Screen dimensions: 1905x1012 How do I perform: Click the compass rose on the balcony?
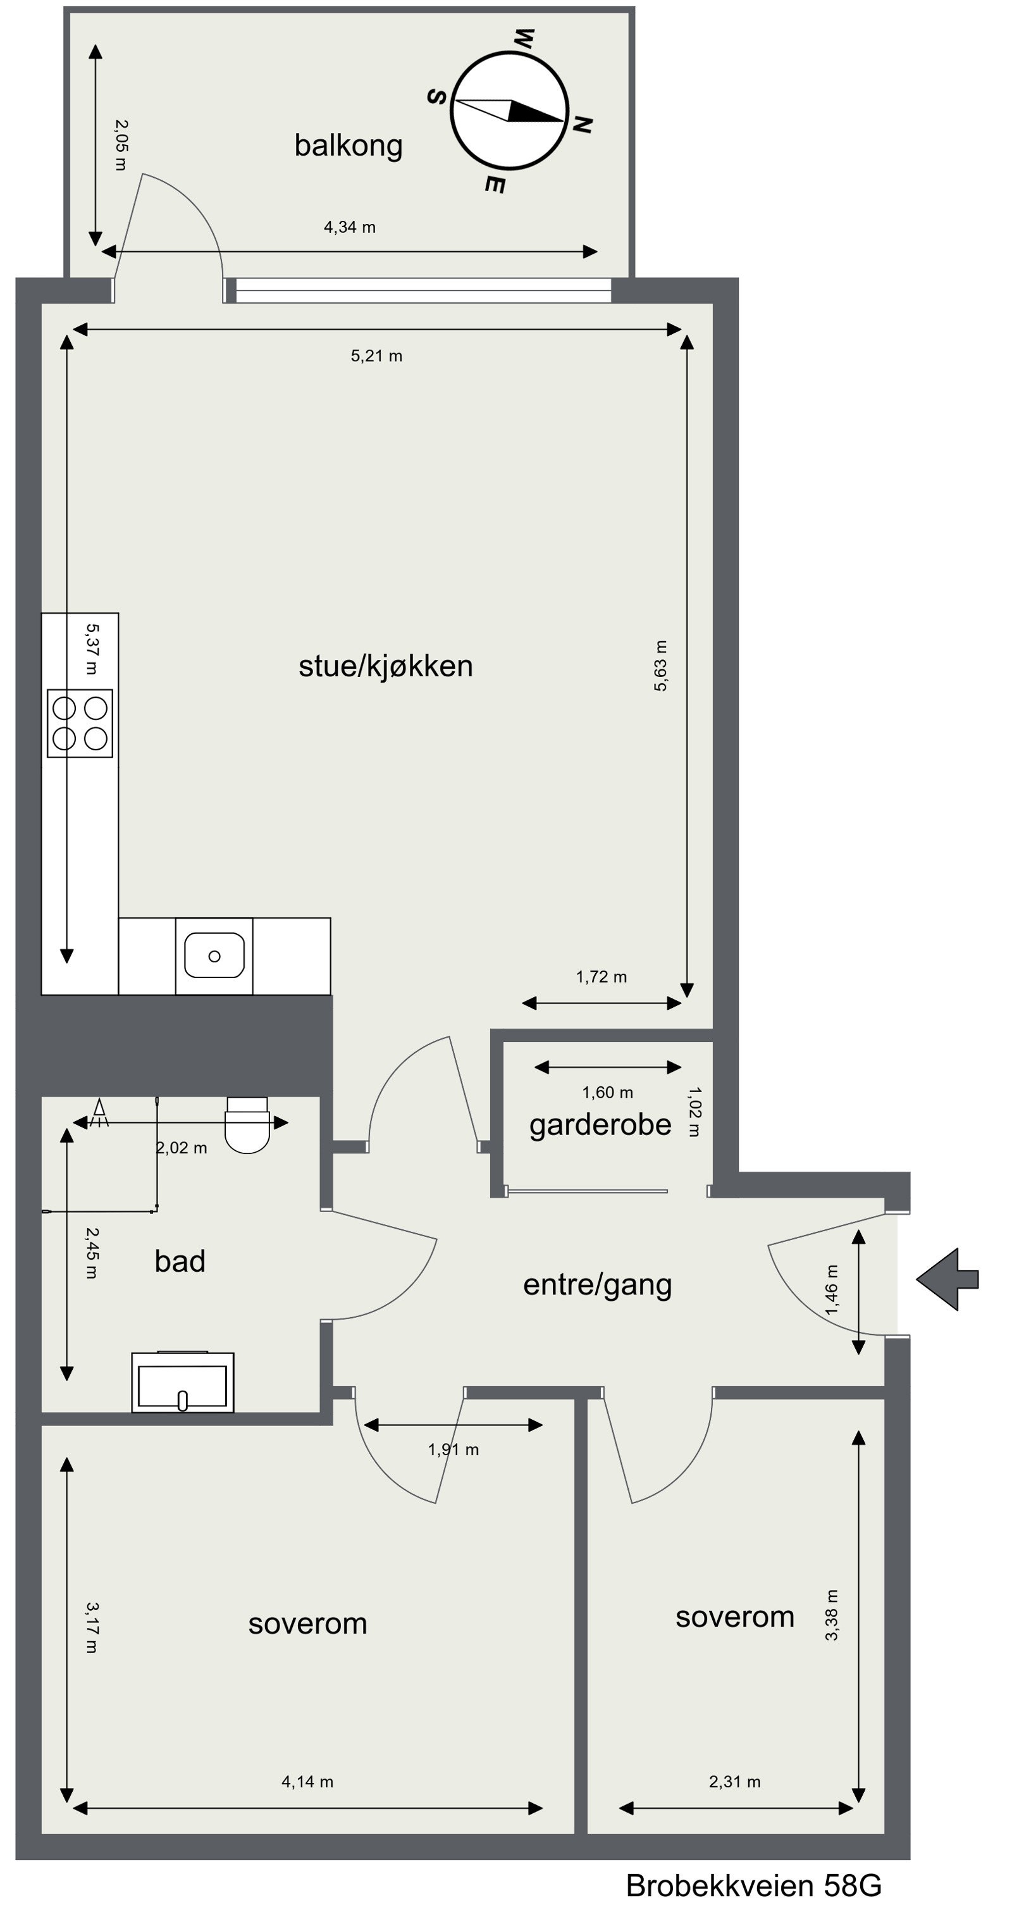pyautogui.click(x=509, y=110)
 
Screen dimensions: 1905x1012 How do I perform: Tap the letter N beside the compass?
pyautogui.click(x=582, y=125)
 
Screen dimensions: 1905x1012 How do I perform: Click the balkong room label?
pyautogui.click(x=348, y=145)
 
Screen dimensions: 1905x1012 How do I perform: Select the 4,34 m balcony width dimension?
pyautogui.click(x=349, y=228)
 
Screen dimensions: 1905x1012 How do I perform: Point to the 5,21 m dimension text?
pyautogui.click(x=376, y=356)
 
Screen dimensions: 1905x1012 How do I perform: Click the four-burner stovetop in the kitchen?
pyautogui.click(x=80, y=723)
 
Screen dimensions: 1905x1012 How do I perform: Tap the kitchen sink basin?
pyautogui.click(x=214, y=955)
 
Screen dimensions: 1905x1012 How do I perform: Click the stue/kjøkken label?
pyautogui.click(x=385, y=666)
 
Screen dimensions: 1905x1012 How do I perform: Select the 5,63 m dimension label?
pyautogui.click(x=660, y=666)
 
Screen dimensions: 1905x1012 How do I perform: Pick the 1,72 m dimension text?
pyautogui.click(x=601, y=977)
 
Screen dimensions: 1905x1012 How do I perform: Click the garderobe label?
pyautogui.click(x=600, y=1125)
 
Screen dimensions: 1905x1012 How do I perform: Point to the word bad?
pyautogui.click(x=180, y=1262)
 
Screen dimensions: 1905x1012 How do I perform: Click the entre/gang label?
pyautogui.click(x=597, y=1284)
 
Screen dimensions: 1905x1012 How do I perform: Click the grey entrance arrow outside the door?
pyautogui.click(x=947, y=1280)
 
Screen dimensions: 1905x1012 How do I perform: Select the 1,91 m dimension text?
pyautogui.click(x=453, y=1449)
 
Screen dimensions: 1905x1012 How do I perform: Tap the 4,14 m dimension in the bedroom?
pyautogui.click(x=307, y=1782)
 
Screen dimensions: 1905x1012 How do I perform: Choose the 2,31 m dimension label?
pyautogui.click(x=734, y=1782)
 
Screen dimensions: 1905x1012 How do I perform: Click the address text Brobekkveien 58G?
pyautogui.click(x=753, y=1885)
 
